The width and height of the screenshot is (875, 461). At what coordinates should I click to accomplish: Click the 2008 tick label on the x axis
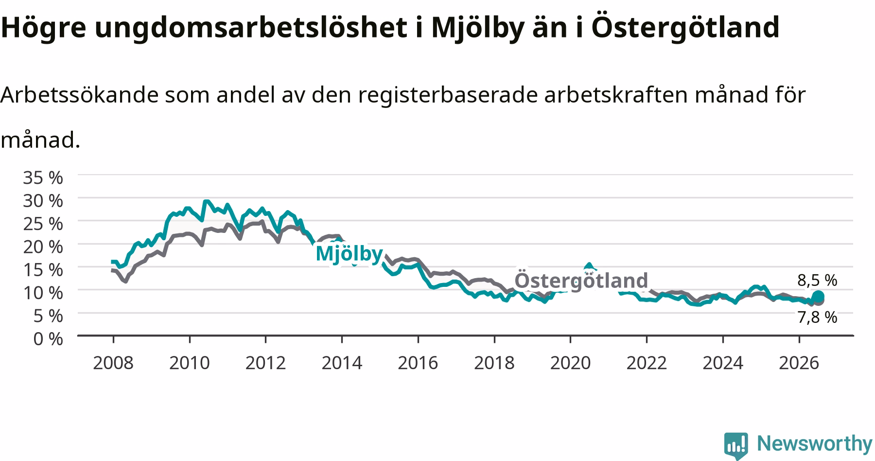(x=113, y=363)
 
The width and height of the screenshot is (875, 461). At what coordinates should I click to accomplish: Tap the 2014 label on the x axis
(x=342, y=363)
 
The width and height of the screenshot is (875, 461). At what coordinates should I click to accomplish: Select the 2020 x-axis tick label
(x=570, y=363)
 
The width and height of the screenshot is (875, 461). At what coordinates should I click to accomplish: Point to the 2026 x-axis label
(x=799, y=363)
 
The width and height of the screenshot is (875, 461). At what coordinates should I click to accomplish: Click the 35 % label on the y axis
(x=43, y=177)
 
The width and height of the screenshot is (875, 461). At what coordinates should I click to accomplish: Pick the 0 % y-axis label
(x=48, y=338)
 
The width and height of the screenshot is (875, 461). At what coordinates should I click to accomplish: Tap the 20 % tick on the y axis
(x=43, y=247)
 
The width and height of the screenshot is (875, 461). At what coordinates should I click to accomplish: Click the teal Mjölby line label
(x=349, y=254)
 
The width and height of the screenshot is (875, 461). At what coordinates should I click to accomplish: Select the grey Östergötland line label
(x=581, y=281)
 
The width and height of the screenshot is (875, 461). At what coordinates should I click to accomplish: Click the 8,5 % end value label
(x=817, y=280)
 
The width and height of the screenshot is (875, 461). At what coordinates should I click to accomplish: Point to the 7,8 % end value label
(x=817, y=318)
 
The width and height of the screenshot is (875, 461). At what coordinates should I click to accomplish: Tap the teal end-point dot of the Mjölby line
(x=818, y=296)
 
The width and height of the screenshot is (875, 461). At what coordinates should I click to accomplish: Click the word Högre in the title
(x=43, y=27)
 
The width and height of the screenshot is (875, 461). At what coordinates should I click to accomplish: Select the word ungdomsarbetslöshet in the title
(x=250, y=27)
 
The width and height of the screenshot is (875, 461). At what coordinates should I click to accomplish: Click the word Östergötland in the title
(x=685, y=27)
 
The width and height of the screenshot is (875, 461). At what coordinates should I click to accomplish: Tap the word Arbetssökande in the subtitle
(x=80, y=95)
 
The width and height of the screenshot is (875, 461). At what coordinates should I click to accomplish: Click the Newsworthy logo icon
(x=736, y=444)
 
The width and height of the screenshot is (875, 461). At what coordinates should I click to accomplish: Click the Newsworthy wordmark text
(x=815, y=443)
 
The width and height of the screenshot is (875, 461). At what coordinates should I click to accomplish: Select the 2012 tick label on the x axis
(x=265, y=363)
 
